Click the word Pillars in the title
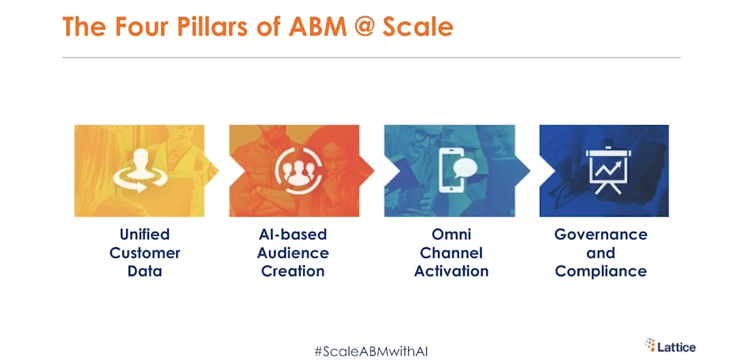pos(212,27)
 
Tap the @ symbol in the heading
pos(365,26)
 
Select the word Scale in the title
pos(418,27)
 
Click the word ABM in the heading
pos(317,27)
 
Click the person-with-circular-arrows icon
pos(141,170)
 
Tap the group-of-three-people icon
pos(299,171)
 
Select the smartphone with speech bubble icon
pos(457,170)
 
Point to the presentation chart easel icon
pos(608,170)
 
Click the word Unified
pos(145,234)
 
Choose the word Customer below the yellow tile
pos(145,253)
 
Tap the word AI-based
pos(293,234)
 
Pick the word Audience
pos(293,253)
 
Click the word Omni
pos(451,234)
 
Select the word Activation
pos(451,271)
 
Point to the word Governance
pos(601,234)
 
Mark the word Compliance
pos(601,272)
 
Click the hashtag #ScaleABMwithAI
pos(371,351)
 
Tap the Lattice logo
pos(670,346)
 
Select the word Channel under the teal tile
pos(451,253)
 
